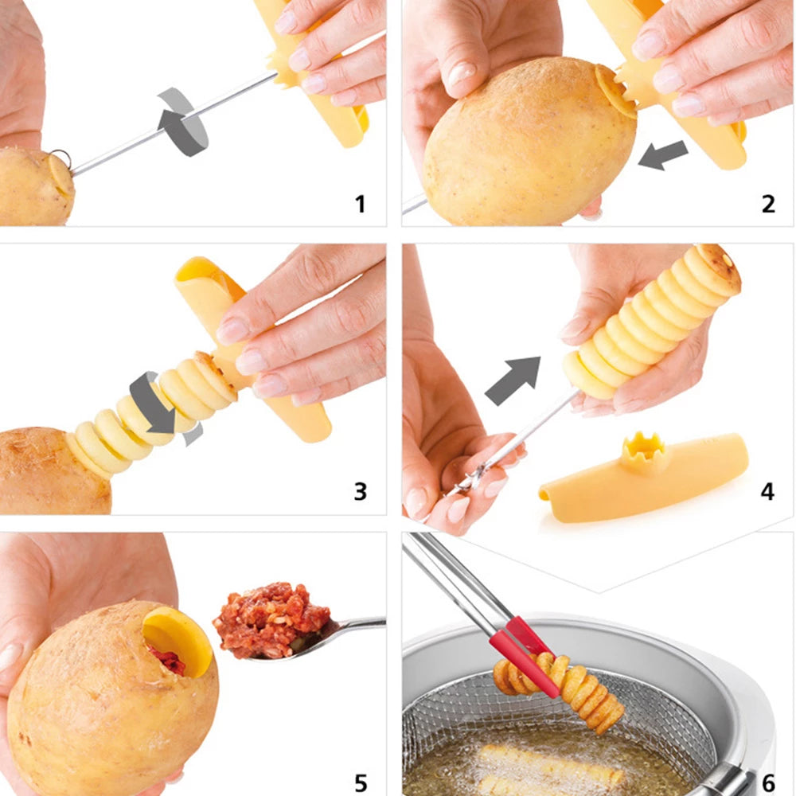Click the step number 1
tap(360, 204)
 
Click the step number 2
tap(767, 204)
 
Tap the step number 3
tap(360, 491)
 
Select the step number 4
tap(767, 491)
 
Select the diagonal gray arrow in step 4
tap(513, 379)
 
